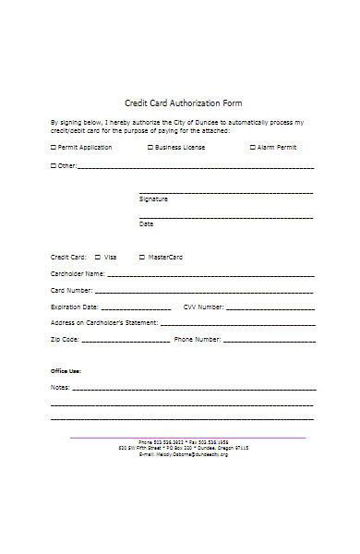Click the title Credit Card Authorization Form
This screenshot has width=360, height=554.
pos(183,102)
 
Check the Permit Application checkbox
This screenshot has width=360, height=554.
pos(53,147)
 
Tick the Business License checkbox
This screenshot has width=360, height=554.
pos(150,147)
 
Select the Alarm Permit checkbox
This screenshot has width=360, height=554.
pos(252,147)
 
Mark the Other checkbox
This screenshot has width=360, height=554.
pos(53,166)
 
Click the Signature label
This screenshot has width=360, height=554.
pos(153,199)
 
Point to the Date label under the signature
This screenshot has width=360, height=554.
pos(146,223)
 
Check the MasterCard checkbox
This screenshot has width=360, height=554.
pos(141,257)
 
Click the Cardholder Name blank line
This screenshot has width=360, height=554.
pos(211,275)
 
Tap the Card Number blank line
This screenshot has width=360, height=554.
pos(204,292)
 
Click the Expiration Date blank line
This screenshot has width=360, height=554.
pos(136,307)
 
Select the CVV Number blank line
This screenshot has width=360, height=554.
pos(270,307)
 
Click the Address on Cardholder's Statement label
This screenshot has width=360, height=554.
pos(104,323)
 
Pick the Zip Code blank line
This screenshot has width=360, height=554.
pos(125,340)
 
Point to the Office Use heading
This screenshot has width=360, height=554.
pos(66,370)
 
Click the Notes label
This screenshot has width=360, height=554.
pos(59,387)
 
